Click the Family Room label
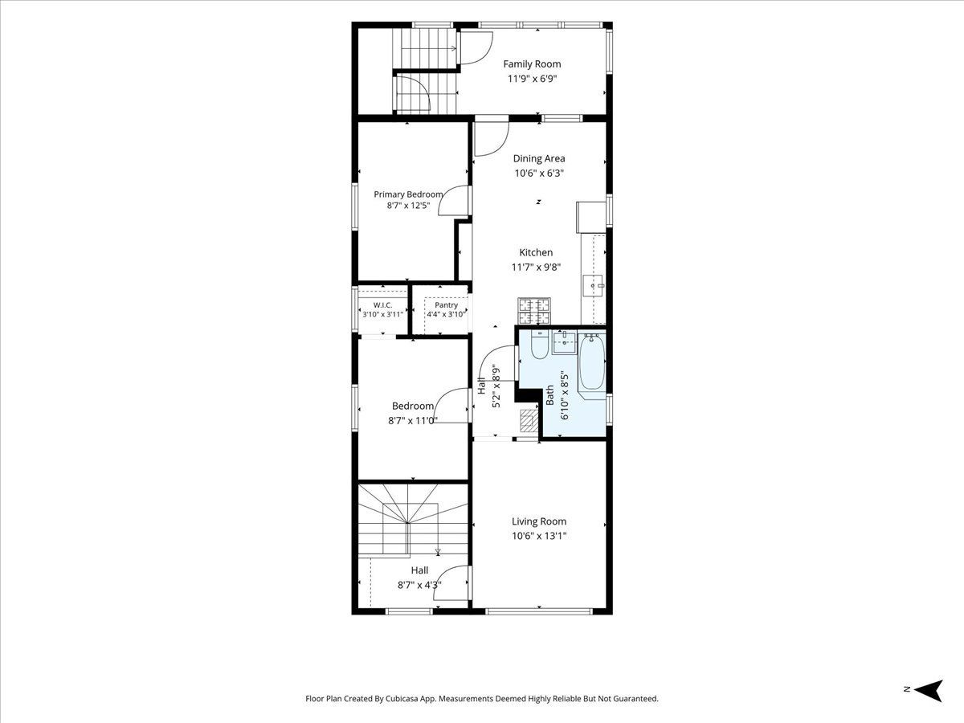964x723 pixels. pyautogui.click(x=532, y=64)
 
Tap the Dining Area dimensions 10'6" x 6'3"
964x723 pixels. pyautogui.click(x=539, y=173)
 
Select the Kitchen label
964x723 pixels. pyautogui.click(x=536, y=252)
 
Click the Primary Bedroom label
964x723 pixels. pyautogui.click(x=408, y=194)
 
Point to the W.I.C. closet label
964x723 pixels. pyautogui.click(x=382, y=304)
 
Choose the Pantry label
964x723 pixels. pyautogui.click(x=446, y=304)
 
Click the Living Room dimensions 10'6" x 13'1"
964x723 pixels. pyautogui.click(x=539, y=536)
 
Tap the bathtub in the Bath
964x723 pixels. pyautogui.click(x=592, y=362)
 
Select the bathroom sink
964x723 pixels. pyautogui.click(x=564, y=343)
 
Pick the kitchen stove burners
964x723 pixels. pyautogui.click(x=534, y=311)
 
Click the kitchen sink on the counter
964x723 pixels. pyautogui.click(x=594, y=286)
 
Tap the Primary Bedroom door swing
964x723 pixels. pyautogui.click(x=454, y=200)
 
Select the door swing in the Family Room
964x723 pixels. pyautogui.click(x=476, y=48)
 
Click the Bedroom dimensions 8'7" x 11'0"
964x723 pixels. pyautogui.click(x=412, y=420)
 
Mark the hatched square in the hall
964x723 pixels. pyautogui.click(x=529, y=419)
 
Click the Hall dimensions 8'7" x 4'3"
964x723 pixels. pyautogui.click(x=419, y=585)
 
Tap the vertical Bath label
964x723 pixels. pyautogui.click(x=549, y=395)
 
